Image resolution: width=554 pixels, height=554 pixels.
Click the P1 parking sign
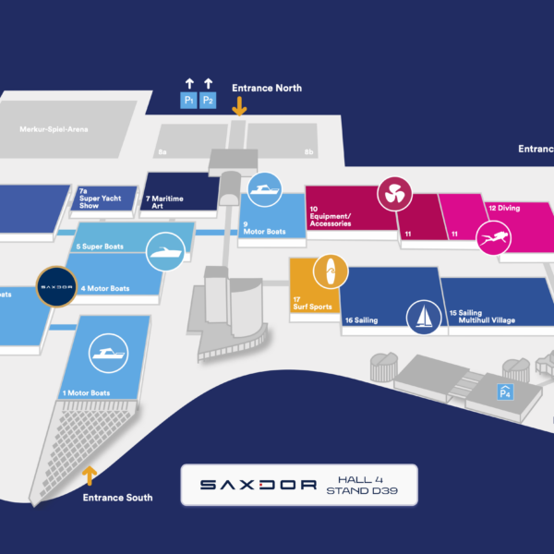pyautogui.click(x=188, y=99)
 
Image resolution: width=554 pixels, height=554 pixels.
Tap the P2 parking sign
pyautogui.click(x=208, y=99)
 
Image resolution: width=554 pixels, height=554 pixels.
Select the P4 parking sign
pyautogui.click(x=505, y=391)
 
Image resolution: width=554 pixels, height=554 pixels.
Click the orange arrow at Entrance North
pyautogui.click(x=239, y=106)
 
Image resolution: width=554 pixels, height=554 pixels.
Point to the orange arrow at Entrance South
pyautogui.click(x=90, y=476)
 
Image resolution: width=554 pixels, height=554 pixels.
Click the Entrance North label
pyautogui.click(x=267, y=89)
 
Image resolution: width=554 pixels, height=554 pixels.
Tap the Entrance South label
pyautogui.click(x=117, y=498)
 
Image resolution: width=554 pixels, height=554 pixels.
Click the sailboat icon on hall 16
pyautogui.click(x=424, y=316)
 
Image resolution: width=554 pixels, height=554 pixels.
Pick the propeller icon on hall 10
pyautogui.click(x=393, y=194)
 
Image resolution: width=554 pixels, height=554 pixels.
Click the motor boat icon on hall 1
pyautogui.click(x=106, y=355)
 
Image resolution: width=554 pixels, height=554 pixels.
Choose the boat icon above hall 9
pyautogui.click(x=264, y=189)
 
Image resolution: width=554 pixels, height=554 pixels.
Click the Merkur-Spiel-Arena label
pyautogui.click(x=54, y=129)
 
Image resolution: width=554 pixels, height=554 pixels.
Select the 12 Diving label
pyautogui.click(x=504, y=209)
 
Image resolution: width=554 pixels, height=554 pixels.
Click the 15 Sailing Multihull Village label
pyautogui.click(x=482, y=317)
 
